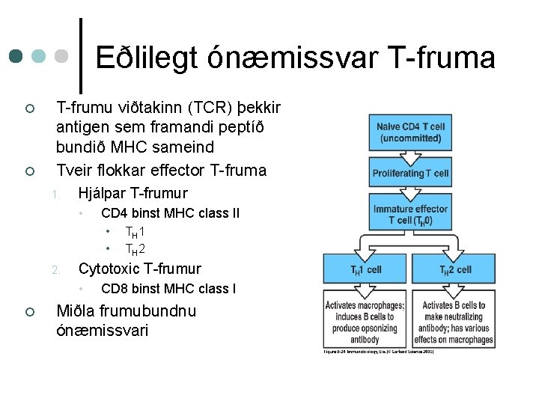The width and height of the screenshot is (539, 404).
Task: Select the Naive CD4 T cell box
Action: pos(410,132)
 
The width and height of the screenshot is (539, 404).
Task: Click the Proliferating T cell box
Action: pos(410,174)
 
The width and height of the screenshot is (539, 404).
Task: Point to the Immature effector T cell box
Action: pos(410,214)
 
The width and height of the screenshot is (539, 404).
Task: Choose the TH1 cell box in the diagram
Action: pos(367,269)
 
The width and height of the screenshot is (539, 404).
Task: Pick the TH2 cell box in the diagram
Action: pos(455,269)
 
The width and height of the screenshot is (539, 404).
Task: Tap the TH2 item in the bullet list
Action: pos(135,249)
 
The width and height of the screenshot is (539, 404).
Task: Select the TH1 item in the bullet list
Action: pos(135,232)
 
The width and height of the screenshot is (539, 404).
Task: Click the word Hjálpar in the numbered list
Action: pos(104,193)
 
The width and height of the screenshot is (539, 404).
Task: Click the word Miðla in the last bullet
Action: pos(77,310)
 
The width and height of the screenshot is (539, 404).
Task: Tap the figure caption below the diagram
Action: pos(379,352)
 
